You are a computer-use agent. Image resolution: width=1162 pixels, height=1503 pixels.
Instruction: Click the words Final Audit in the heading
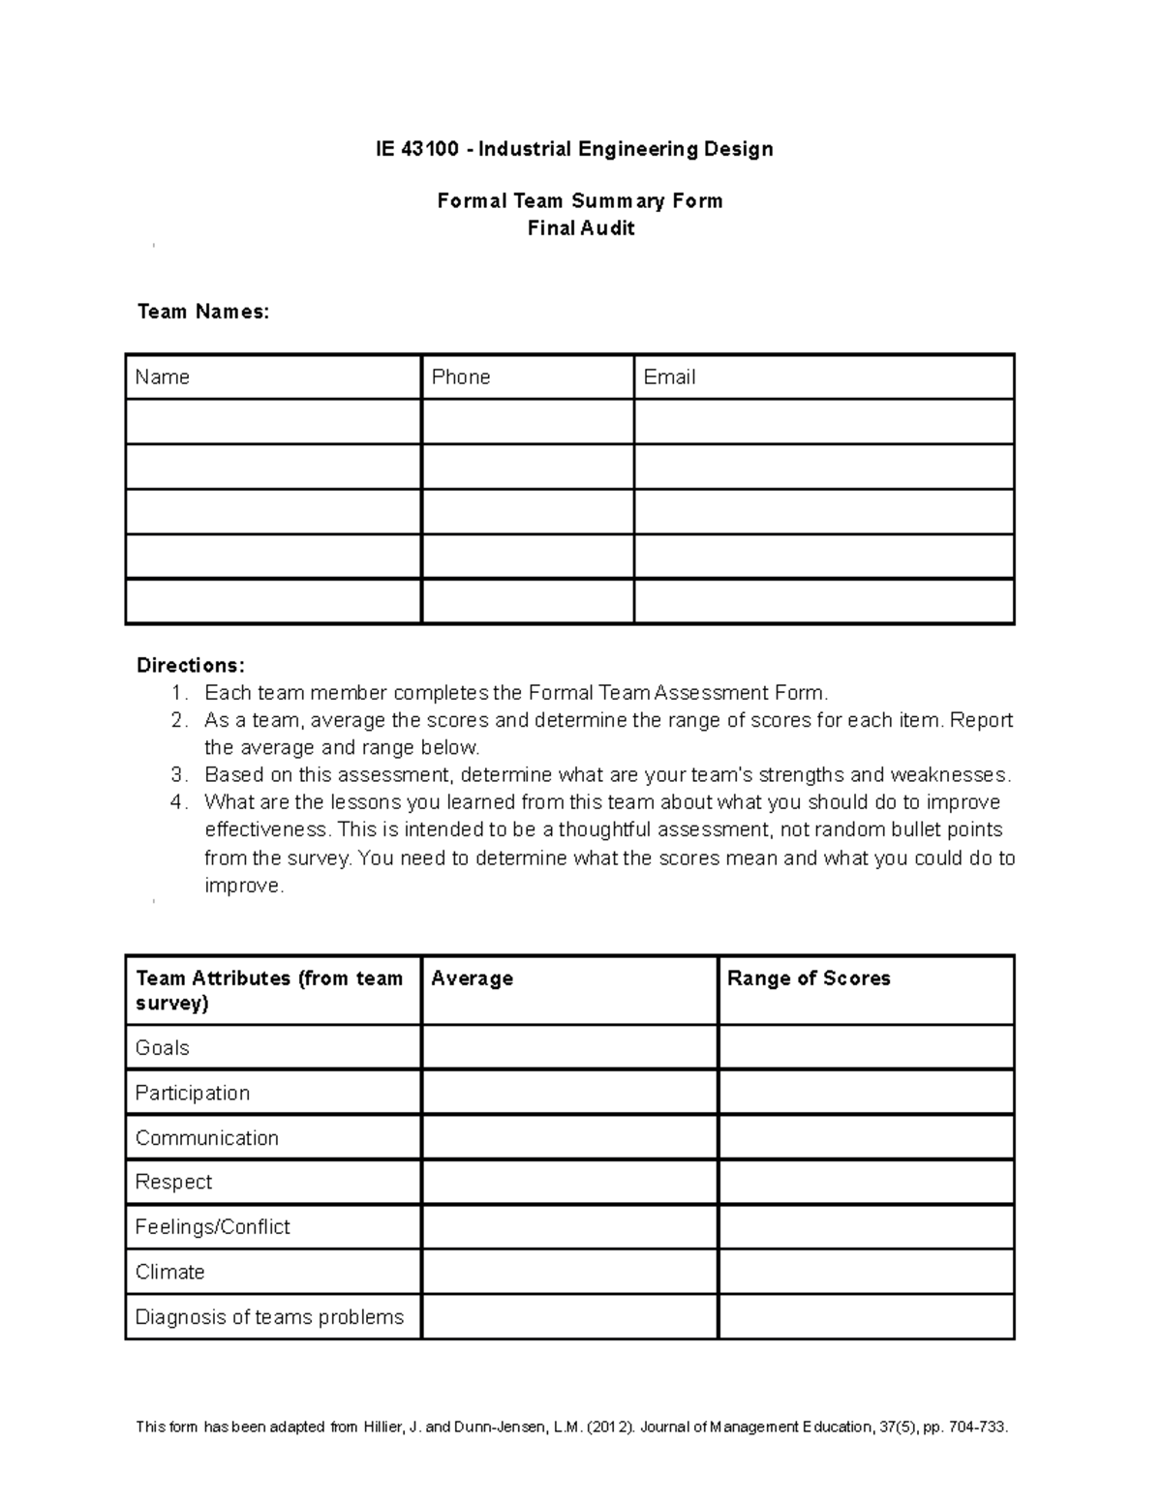tap(580, 228)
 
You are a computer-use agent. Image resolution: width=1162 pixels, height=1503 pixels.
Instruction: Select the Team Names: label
tap(202, 312)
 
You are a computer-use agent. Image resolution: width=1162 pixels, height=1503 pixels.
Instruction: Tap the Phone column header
tap(461, 377)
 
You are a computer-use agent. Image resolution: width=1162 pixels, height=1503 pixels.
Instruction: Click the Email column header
tap(669, 377)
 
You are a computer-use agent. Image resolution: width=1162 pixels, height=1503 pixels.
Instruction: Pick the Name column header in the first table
tap(162, 377)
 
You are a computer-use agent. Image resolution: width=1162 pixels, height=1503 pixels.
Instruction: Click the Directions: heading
tap(190, 666)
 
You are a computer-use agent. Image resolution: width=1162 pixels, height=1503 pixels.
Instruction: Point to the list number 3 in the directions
tap(177, 775)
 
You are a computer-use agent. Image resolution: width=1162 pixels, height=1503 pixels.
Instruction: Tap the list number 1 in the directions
tap(177, 693)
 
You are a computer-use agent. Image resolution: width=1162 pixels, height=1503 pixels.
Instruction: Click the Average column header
tap(472, 978)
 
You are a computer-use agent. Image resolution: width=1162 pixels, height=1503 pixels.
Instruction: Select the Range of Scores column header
tap(809, 978)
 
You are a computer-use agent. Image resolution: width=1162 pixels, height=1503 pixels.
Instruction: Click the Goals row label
tap(162, 1048)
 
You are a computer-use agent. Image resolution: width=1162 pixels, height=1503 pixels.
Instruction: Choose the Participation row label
tap(192, 1094)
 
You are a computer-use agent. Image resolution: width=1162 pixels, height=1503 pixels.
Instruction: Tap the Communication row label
tap(206, 1138)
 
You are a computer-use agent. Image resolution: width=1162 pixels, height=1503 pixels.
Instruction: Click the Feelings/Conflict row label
tap(212, 1227)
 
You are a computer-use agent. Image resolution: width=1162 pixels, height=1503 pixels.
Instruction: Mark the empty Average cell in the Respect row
tap(569, 1183)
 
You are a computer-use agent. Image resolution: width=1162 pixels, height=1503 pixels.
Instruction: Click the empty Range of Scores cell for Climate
tap(866, 1272)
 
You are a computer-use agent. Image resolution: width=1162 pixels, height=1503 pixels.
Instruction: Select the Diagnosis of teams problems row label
tap(269, 1317)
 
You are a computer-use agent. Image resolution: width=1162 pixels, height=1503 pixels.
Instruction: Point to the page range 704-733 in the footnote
tap(976, 1428)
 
